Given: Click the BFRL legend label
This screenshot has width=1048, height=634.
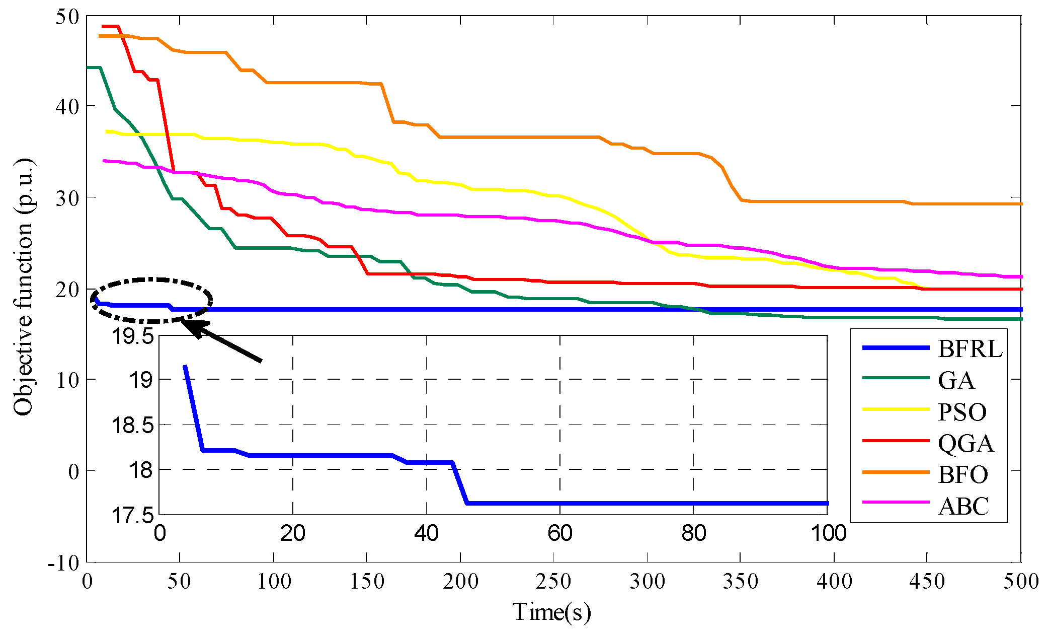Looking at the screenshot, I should [x=970, y=349].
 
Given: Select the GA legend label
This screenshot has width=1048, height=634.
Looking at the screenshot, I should [x=956, y=380].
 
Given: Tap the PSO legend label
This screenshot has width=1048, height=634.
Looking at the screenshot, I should [x=962, y=412].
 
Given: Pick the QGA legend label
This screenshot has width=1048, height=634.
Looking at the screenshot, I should [x=965, y=444].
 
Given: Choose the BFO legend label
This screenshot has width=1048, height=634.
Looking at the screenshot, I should [x=962, y=475].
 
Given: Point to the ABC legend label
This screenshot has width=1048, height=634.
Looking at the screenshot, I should [x=963, y=506].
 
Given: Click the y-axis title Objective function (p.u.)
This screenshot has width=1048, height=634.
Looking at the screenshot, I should [x=23, y=287].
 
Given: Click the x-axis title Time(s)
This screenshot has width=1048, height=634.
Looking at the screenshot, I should [x=551, y=612].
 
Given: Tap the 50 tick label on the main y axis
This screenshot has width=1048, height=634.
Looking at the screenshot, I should [x=67, y=16].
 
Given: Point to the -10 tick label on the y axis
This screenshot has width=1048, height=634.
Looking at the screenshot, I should [x=63, y=563].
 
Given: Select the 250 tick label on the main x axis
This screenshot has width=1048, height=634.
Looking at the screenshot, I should [x=553, y=582].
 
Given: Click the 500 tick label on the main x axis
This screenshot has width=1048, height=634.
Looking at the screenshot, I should [x=1020, y=582].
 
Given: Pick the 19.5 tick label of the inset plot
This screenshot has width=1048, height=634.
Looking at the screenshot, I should [x=132, y=336].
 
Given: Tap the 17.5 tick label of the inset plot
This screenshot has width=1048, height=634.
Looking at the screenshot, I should [x=132, y=516].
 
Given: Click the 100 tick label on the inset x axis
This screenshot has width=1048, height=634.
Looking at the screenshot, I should [x=828, y=533].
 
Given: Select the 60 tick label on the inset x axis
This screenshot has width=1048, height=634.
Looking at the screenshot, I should [x=559, y=533].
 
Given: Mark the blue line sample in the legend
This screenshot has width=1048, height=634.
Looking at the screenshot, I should [x=896, y=348].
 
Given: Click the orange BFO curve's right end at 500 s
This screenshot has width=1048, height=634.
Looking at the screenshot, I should [x=1019, y=204].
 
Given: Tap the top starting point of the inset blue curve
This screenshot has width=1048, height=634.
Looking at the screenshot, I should [x=185, y=367].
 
